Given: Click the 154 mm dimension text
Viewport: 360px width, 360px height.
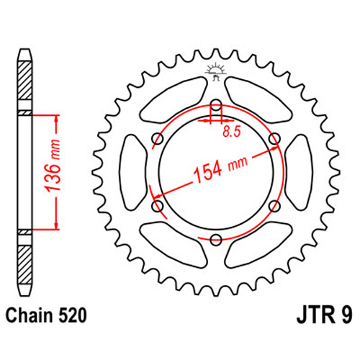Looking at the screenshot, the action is (220, 168).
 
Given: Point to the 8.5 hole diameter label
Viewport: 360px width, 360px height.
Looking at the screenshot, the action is (231, 132).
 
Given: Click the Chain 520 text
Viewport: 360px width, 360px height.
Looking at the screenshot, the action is (46, 315).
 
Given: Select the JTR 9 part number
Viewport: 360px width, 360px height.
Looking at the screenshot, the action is (325, 315).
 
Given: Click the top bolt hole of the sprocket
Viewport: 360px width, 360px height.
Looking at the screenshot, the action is (216, 105).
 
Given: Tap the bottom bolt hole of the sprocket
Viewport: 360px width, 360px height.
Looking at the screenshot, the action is (216, 240).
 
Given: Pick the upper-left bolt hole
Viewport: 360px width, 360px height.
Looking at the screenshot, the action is (158, 139).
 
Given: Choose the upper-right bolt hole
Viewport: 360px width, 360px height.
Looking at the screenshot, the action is (274, 139).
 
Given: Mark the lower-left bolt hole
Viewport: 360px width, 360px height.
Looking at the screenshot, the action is (158, 206).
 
